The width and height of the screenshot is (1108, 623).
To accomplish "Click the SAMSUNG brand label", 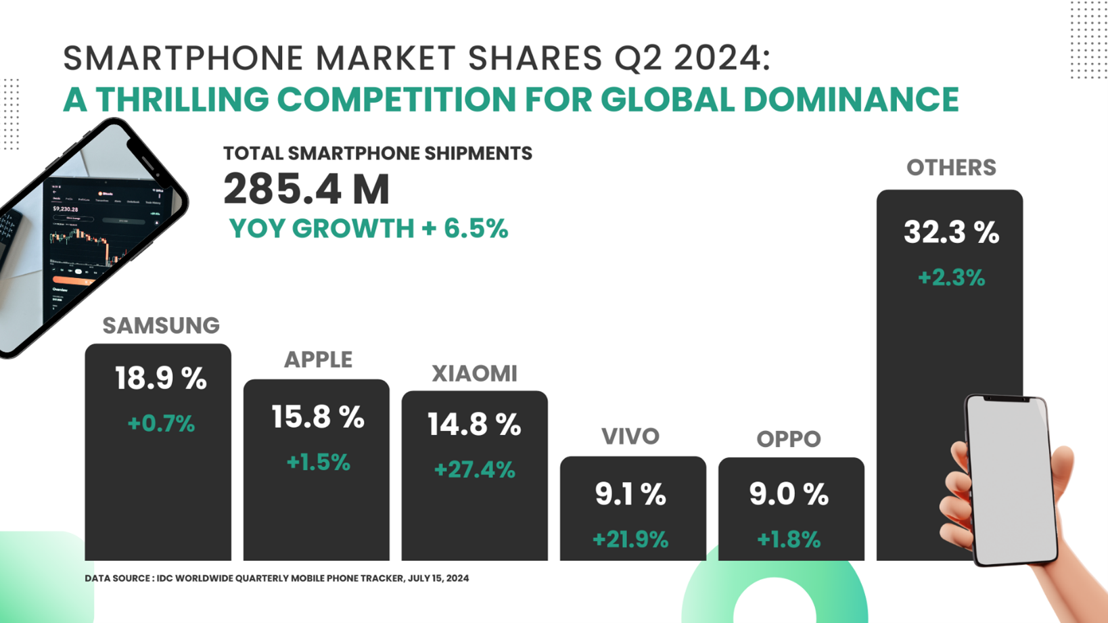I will click(x=161, y=325).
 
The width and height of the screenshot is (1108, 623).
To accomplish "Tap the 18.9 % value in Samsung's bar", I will click(x=160, y=378).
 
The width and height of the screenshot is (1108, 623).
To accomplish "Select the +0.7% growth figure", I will click(x=161, y=423).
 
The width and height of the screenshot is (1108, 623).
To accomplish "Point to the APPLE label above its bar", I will click(x=318, y=359).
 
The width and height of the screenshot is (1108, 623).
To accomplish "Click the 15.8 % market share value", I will click(x=318, y=417).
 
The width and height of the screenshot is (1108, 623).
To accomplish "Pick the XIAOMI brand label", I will click(x=474, y=373).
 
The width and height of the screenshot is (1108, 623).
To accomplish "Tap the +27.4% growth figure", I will click(x=474, y=469).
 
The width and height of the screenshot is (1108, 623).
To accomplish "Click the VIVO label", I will click(x=630, y=436).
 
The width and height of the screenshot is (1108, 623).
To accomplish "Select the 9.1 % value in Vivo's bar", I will click(x=630, y=494).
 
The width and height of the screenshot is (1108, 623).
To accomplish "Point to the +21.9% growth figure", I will click(x=630, y=539).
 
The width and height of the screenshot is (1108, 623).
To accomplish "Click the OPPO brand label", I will click(x=789, y=439).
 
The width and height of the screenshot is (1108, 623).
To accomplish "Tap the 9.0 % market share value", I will click(x=789, y=494).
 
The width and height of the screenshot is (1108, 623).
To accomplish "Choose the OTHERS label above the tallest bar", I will click(x=951, y=168).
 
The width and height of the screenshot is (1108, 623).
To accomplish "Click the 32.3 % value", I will click(x=951, y=233).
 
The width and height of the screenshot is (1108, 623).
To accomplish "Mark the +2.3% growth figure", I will click(x=951, y=277).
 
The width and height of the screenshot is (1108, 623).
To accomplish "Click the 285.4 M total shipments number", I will click(x=306, y=189).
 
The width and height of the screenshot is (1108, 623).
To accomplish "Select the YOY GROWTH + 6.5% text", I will click(x=368, y=229).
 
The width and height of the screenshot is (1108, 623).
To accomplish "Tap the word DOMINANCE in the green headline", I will click(x=851, y=99).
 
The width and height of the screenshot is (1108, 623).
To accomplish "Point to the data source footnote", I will click(x=277, y=578).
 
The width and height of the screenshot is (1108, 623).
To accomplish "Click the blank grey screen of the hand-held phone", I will click(x=1011, y=480).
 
